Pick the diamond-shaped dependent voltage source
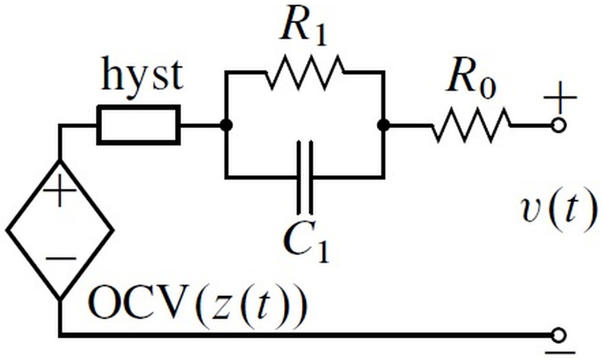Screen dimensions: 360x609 pos(59,228)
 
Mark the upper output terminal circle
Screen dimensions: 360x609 pos(560,126)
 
